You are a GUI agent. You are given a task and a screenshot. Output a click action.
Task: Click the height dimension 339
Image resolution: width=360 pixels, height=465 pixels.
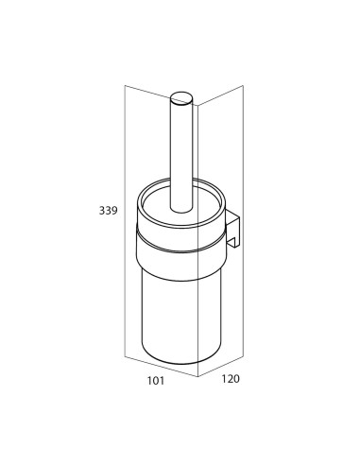109,210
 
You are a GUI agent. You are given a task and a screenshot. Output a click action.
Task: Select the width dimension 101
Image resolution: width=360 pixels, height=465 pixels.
156,381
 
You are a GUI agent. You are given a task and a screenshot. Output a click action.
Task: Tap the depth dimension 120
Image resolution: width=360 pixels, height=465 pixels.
231,379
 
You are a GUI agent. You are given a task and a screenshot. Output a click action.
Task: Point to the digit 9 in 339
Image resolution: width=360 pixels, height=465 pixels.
114,210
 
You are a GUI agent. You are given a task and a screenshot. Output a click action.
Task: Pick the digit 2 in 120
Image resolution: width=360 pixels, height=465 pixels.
231,379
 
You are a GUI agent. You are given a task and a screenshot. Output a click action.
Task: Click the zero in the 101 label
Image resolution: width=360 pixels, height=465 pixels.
156,381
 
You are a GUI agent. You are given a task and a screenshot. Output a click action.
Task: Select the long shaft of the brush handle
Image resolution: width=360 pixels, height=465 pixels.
180,154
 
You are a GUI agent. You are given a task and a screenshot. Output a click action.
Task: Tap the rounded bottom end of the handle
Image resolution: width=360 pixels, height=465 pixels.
180,211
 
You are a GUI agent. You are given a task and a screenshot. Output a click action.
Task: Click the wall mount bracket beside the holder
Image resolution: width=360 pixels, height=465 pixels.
233,228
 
